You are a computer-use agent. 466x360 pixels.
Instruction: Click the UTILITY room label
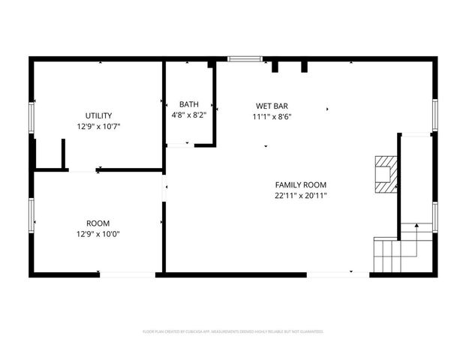(98, 115)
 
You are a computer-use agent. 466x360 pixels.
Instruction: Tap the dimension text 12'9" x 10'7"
(98, 127)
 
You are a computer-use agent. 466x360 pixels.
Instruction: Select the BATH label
(188, 104)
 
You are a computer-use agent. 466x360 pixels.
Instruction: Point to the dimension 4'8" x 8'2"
(188, 115)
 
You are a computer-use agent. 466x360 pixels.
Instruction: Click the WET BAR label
(272, 106)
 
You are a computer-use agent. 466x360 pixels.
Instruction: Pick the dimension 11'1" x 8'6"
(272, 116)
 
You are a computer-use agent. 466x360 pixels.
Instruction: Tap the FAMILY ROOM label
(300, 184)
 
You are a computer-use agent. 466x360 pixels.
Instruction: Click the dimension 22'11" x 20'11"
(300, 196)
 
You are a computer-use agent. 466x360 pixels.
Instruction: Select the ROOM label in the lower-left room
(98, 223)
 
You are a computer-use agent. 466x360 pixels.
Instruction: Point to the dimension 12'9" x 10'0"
(98, 234)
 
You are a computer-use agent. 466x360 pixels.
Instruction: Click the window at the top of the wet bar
(245, 58)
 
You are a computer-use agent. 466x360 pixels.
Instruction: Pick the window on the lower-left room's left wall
(32, 213)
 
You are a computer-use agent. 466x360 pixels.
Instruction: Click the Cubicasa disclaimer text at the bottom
(233, 331)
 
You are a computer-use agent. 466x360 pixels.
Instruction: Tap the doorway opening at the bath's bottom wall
(177, 145)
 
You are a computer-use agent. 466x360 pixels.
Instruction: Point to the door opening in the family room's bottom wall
(338, 274)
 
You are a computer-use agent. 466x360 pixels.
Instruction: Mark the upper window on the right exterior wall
(434, 115)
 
